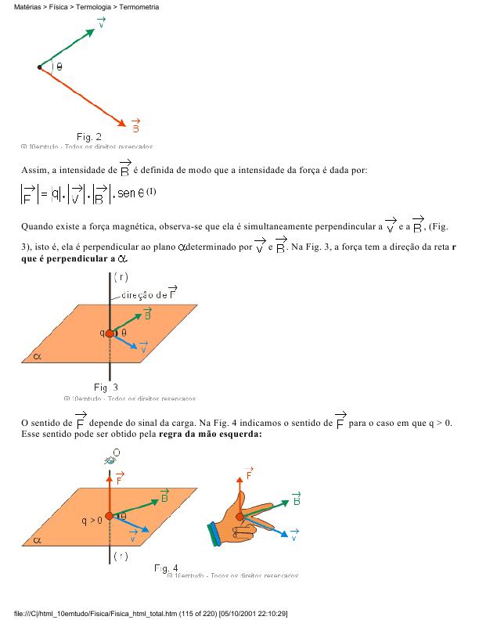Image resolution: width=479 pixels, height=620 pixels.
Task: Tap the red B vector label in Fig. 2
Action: point(136,125)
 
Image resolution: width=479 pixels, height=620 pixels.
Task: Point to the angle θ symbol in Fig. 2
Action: point(59,67)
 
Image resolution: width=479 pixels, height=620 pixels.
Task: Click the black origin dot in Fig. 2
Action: point(39,67)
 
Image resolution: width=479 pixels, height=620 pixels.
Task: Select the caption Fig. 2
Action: point(88,136)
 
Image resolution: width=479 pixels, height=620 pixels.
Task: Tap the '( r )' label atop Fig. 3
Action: point(121,276)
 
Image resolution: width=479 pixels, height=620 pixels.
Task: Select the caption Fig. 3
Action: point(106,387)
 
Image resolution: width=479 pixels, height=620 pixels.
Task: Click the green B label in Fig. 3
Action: point(147,314)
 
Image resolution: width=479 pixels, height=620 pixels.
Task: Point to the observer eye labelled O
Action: point(111,458)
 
